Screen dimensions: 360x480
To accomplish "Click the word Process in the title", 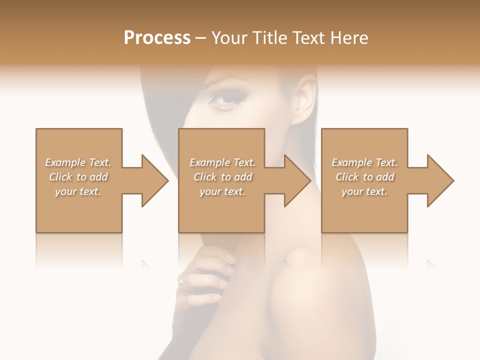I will point(157,38).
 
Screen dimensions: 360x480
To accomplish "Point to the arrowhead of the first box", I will point(155,180).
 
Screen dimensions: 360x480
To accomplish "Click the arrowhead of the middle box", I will point(297,180).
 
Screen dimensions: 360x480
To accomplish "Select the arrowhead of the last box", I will point(440,180).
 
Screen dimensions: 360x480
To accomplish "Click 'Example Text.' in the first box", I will point(78,162).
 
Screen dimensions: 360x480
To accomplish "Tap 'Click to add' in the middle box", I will point(222,177).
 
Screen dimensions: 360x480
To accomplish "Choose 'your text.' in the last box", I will point(364,191).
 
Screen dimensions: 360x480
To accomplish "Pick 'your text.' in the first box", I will point(78,191).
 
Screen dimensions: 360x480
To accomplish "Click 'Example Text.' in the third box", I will point(364,162).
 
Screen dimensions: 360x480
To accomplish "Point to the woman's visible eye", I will point(226,98).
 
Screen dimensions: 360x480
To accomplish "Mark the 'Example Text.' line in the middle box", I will point(222,162).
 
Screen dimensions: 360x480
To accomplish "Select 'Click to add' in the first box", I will point(78,177).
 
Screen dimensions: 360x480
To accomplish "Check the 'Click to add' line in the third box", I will point(364,177).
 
